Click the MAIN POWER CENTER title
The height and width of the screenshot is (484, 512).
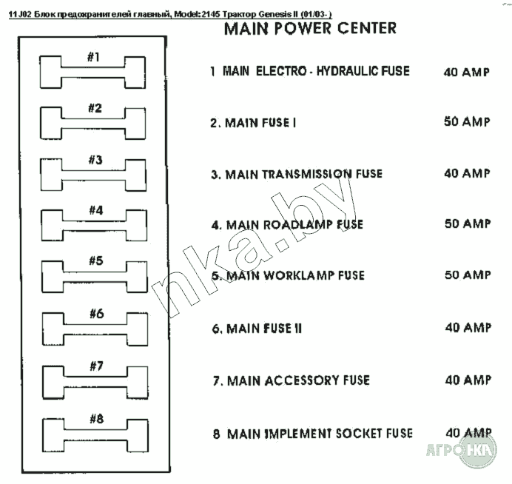[x=309, y=29]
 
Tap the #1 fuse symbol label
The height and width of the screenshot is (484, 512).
[x=93, y=58]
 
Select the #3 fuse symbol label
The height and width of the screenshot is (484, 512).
[x=95, y=160]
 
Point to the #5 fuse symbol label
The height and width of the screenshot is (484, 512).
[x=95, y=261]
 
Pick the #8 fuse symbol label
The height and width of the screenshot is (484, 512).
[x=96, y=419]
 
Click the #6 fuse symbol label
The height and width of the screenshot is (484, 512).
[x=96, y=313]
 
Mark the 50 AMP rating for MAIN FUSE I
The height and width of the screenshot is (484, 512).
[x=467, y=122]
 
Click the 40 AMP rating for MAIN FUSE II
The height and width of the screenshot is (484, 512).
[x=468, y=327]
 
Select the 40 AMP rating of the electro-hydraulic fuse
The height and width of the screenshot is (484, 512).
[x=466, y=73]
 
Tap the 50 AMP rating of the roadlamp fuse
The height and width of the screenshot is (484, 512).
[x=468, y=224]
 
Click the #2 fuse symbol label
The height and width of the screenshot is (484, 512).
[x=95, y=108]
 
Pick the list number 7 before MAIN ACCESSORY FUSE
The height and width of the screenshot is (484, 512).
[x=216, y=381]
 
